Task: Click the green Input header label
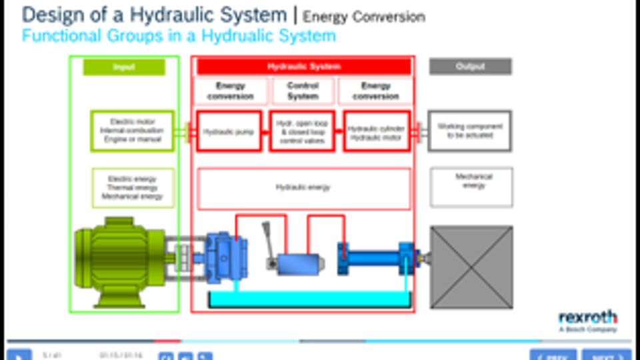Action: (x=124, y=67)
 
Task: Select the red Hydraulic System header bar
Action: (x=303, y=67)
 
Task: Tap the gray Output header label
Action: (x=470, y=67)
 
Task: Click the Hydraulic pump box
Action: (x=229, y=131)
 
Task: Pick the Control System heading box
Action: (x=303, y=91)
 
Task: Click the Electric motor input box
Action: (x=132, y=130)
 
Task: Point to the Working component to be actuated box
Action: (x=469, y=131)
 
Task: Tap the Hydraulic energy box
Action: (x=303, y=188)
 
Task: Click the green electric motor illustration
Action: (x=120, y=257)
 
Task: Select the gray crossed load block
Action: (x=471, y=266)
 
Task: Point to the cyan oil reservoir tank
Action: (x=309, y=299)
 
